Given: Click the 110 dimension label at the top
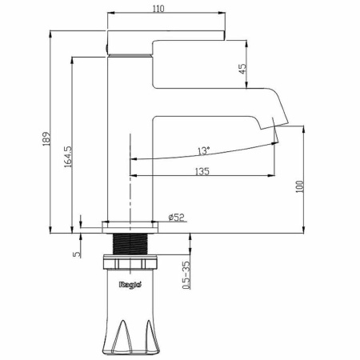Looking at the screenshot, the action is click(x=158, y=9).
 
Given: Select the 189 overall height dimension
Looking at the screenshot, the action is click(x=46, y=138).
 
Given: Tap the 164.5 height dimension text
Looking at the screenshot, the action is click(x=68, y=157).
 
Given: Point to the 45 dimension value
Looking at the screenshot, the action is click(x=242, y=69).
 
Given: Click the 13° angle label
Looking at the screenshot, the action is click(x=204, y=150).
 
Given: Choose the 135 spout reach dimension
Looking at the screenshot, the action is click(x=202, y=171).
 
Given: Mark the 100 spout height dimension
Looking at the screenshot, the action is click(x=300, y=186).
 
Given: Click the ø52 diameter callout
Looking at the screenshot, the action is click(x=176, y=217).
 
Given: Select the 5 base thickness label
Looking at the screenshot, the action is click(x=77, y=254).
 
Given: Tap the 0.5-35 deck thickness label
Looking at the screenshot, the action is click(x=186, y=275).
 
